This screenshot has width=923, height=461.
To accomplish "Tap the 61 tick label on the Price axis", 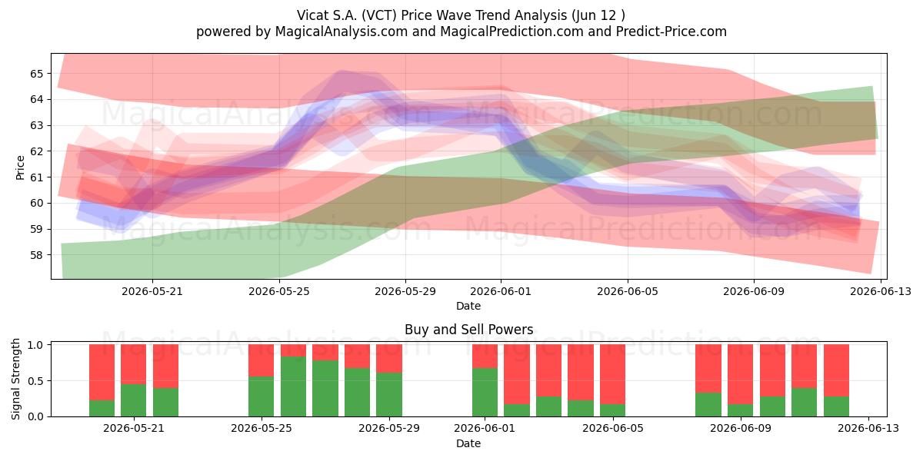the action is point(36,177).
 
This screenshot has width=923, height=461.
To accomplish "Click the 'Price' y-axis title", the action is point(20,167).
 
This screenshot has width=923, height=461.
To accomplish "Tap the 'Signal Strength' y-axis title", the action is point(15,379).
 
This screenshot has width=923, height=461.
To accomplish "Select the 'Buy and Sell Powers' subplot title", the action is point(469,330).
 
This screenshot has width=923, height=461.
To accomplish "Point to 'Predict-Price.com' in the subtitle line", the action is point(671,32).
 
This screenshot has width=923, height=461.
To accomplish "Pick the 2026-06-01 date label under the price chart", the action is point(501,291).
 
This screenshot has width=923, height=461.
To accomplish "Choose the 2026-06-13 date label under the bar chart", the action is point(868,429).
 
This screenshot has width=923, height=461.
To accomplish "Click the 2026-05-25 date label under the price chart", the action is point(279,291).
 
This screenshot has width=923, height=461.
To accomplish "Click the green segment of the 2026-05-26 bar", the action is point(293,386).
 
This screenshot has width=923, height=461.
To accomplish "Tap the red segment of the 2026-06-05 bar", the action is point(612,374).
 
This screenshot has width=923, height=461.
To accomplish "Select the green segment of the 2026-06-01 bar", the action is point(485,393).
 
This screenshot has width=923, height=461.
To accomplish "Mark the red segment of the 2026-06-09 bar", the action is point(740,374).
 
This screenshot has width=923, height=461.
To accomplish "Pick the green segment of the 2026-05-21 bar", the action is point(134,400).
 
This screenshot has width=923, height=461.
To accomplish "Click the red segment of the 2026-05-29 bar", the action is point(389,359).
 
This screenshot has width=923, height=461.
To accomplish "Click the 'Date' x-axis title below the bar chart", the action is point(468,444).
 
